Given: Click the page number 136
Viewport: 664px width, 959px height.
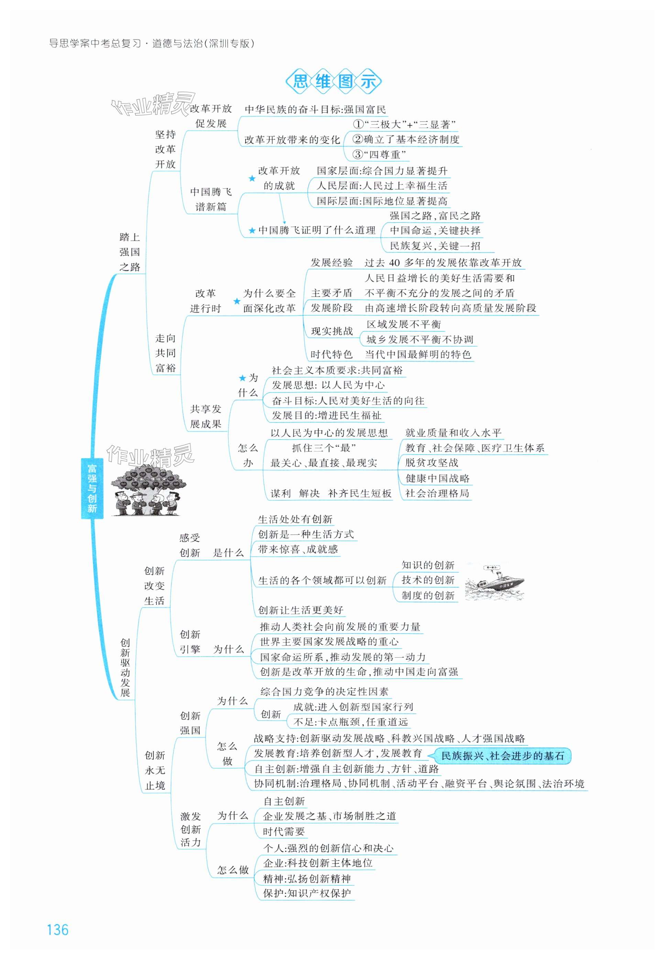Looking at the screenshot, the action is click(x=58, y=929).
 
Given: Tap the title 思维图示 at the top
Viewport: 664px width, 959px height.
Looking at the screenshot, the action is click(x=334, y=81).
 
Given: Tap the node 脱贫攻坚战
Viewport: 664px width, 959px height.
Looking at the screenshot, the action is click(x=432, y=463).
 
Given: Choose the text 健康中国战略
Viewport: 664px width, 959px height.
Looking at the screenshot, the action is click(x=437, y=478).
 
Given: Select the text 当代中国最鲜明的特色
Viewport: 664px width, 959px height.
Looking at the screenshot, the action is click(x=418, y=355).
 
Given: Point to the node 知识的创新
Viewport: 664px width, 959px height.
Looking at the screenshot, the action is click(x=428, y=565).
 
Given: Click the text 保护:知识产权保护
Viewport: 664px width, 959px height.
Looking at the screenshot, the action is click(x=307, y=893).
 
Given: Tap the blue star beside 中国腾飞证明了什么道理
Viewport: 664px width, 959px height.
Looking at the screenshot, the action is click(x=252, y=231).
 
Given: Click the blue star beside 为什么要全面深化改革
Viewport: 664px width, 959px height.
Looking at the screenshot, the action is click(x=237, y=301).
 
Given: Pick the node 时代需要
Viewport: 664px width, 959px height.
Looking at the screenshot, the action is click(x=284, y=832).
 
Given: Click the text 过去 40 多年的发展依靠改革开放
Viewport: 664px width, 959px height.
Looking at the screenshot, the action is click(x=443, y=263).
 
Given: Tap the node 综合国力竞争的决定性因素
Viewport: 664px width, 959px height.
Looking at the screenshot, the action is click(x=324, y=692).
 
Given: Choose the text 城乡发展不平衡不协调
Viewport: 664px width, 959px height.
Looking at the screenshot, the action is click(x=420, y=340).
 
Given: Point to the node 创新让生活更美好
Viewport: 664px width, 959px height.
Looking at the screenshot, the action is click(x=301, y=610).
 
